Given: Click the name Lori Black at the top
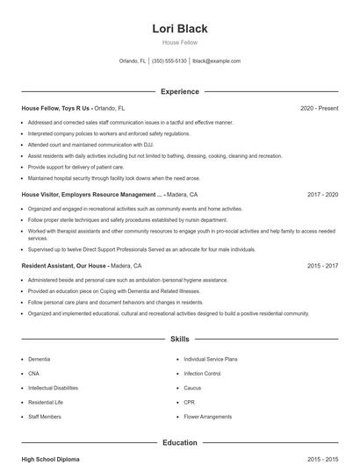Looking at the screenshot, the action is (x=180, y=29).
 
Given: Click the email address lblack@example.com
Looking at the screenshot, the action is (x=216, y=61).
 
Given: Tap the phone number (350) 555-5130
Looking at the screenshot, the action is (x=169, y=61).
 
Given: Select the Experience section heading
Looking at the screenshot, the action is (x=180, y=91).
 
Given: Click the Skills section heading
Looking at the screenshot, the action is (x=180, y=338).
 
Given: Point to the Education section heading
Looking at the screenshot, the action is (x=180, y=443).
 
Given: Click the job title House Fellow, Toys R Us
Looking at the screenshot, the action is (x=56, y=108).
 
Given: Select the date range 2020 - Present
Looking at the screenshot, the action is (x=319, y=108).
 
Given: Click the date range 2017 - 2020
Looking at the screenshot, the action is (x=322, y=194).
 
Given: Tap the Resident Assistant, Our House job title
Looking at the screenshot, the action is (x=64, y=265).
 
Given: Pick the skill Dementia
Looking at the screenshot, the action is (x=39, y=359).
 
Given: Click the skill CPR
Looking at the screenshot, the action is (x=190, y=401).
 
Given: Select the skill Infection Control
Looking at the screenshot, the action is (x=202, y=373).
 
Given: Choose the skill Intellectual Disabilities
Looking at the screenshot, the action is (x=53, y=387).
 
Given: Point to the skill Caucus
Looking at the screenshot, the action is (x=192, y=387).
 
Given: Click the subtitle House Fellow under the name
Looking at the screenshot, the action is (x=180, y=42).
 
